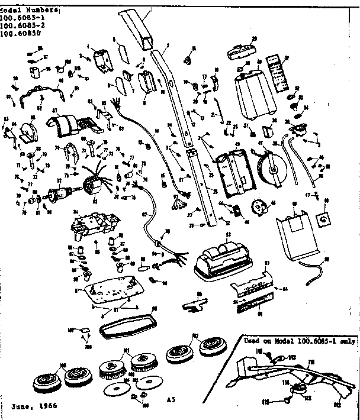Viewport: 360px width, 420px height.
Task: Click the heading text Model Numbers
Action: (x=30, y=11)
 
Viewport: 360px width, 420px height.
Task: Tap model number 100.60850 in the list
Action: (x=25, y=34)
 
